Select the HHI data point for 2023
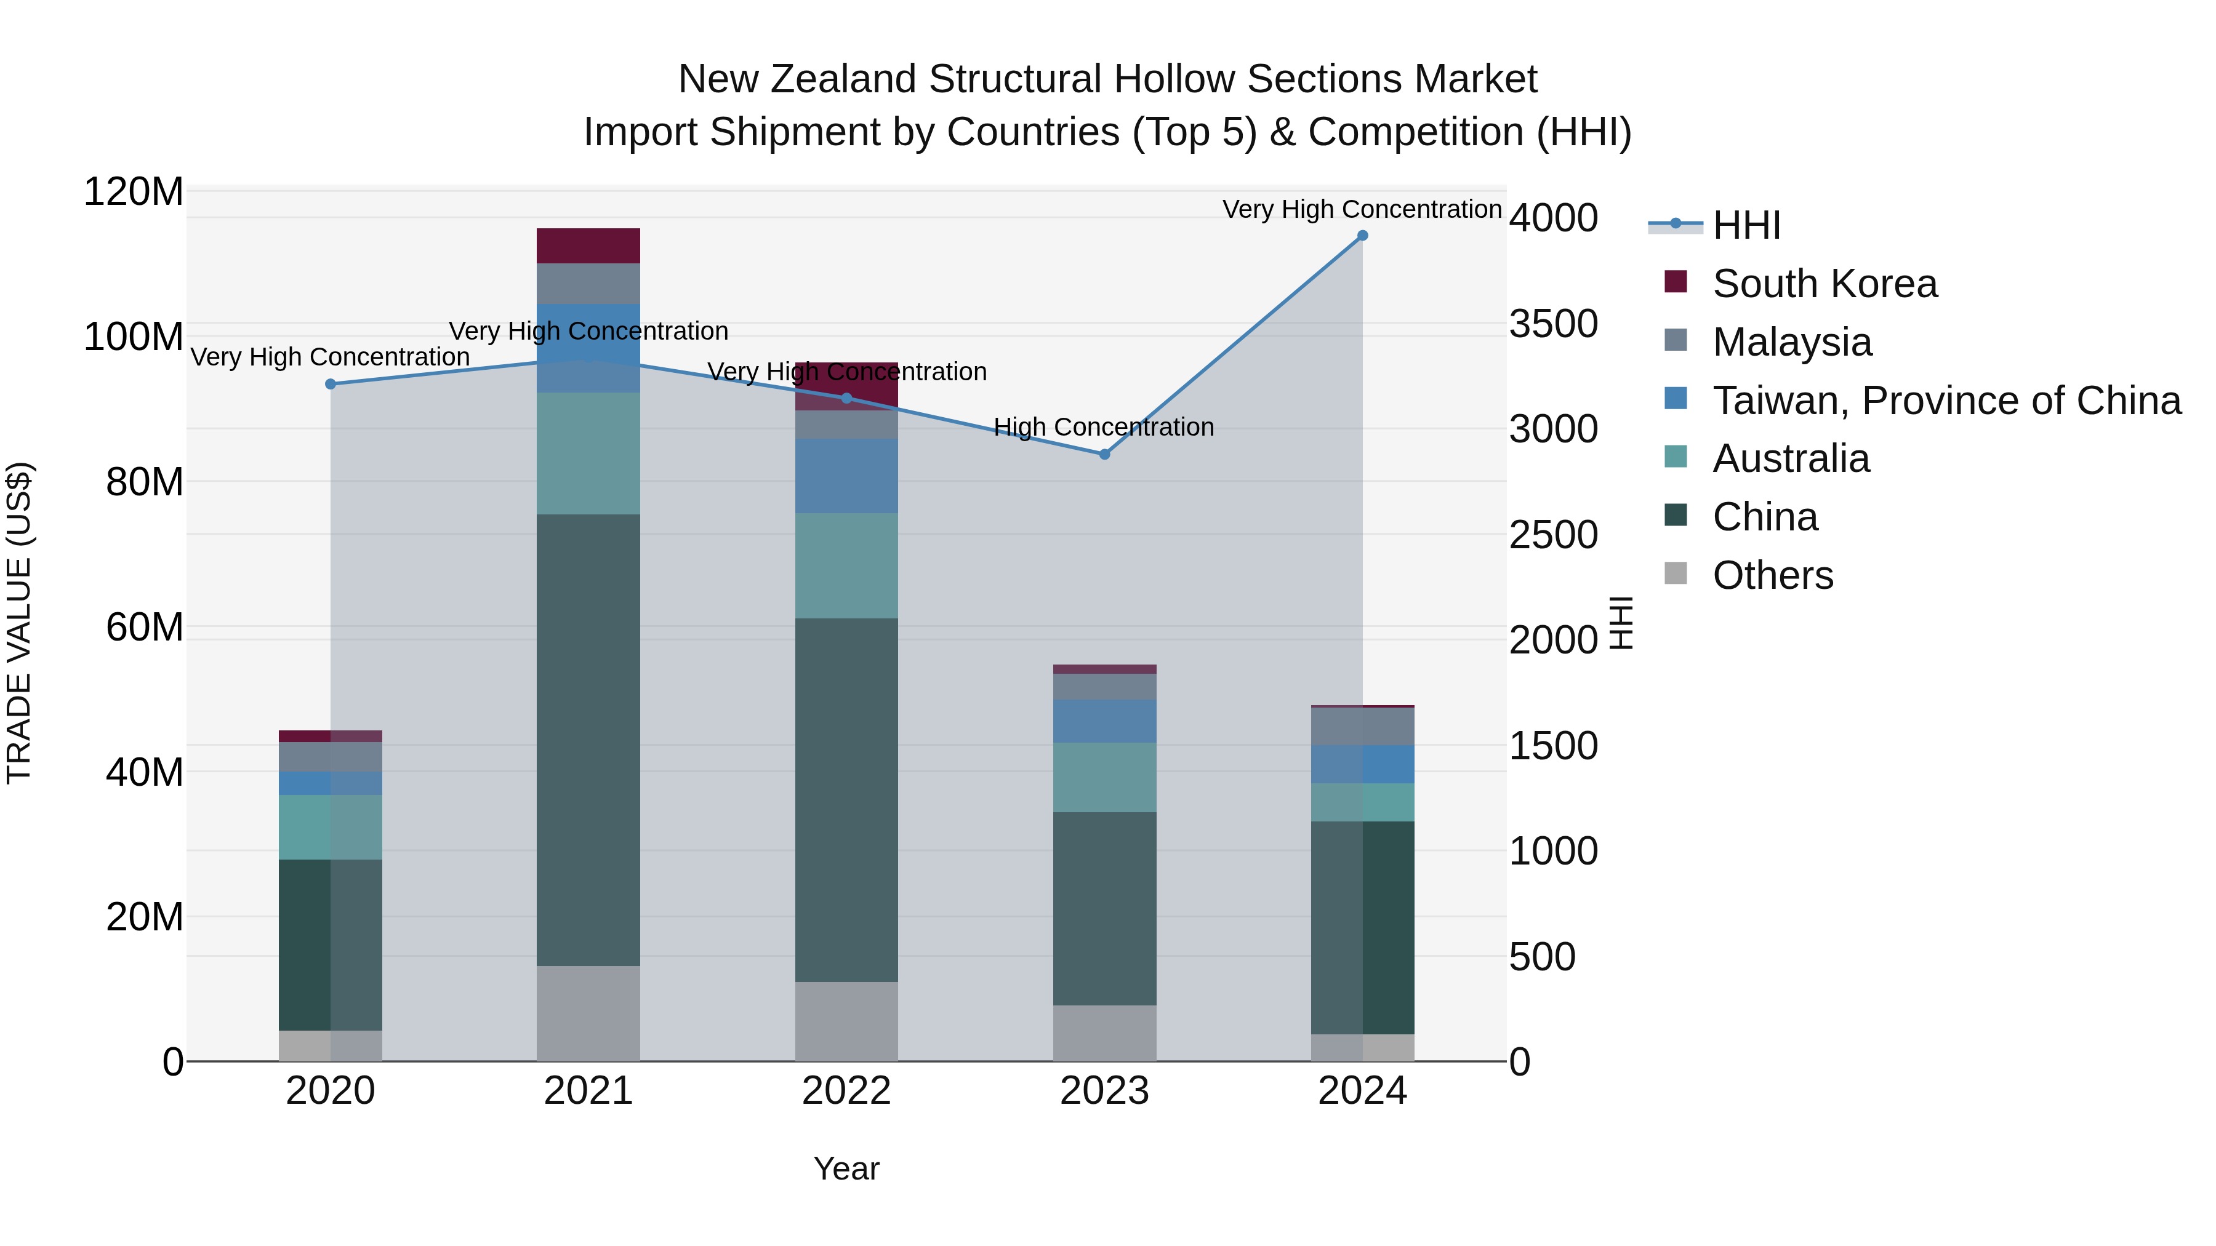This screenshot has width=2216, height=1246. click(x=1104, y=454)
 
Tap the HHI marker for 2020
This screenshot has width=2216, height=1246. click(x=331, y=385)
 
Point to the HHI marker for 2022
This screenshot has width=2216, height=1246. click(x=846, y=398)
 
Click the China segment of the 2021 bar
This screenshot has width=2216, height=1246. click(x=588, y=740)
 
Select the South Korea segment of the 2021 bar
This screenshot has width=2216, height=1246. click(x=588, y=246)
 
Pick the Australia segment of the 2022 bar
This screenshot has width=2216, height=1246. click(x=846, y=566)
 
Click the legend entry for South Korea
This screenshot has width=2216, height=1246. click(x=1825, y=284)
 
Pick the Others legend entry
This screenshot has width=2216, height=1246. click(x=1772, y=575)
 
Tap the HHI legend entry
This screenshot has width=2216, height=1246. click(x=1746, y=225)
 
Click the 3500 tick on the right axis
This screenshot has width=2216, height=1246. click(x=1554, y=324)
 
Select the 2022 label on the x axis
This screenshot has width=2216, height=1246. click(x=846, y=1091)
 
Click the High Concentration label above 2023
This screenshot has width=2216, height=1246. click(x=1104, y=428)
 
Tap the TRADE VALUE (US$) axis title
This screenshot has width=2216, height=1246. click(x=19, y=623)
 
